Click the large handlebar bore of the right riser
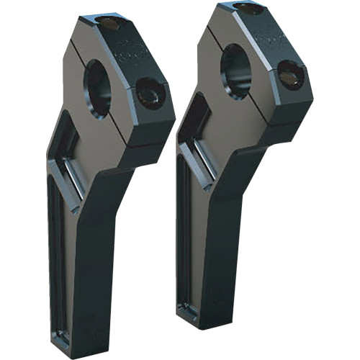coord(235,71)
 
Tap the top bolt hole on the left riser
coord(109,24)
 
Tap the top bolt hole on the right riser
coord(249,9)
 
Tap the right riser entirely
coord(238,166)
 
